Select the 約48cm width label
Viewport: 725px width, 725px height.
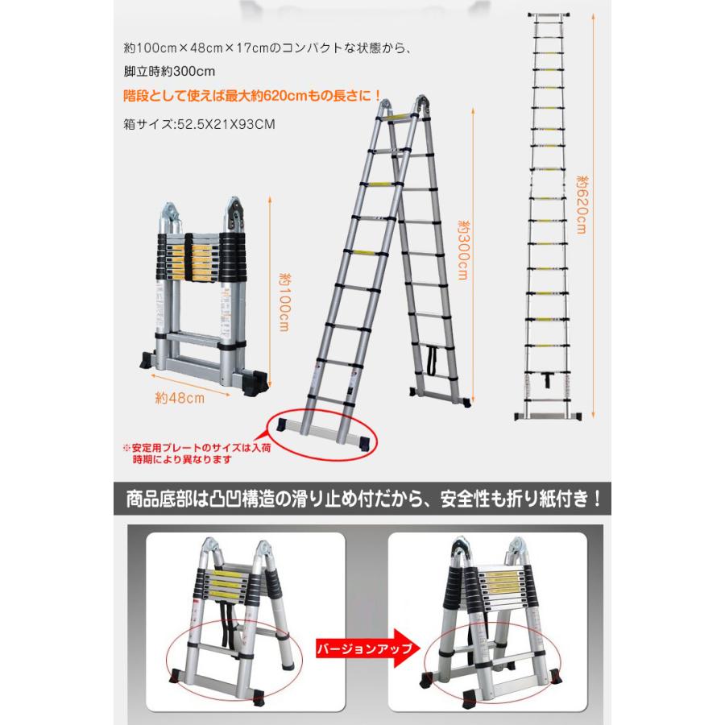[175, 396]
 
